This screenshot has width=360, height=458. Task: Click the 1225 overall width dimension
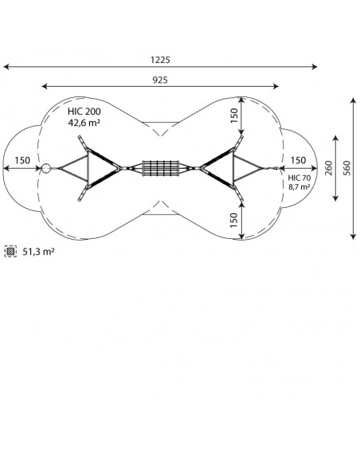point(160,60)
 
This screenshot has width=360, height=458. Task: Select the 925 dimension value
point(160,80)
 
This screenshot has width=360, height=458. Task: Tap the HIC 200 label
point(84,112)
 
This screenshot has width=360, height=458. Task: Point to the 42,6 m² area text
point(84,123)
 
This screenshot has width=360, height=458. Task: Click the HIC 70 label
point(299,178)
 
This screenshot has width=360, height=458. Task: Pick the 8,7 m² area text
point(299,186)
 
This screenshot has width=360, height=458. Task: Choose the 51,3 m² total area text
point(38,252)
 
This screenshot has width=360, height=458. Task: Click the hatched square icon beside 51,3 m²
point(10,252)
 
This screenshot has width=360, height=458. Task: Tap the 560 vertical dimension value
point(347,168)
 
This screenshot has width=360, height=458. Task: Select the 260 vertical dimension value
point(329,168)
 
